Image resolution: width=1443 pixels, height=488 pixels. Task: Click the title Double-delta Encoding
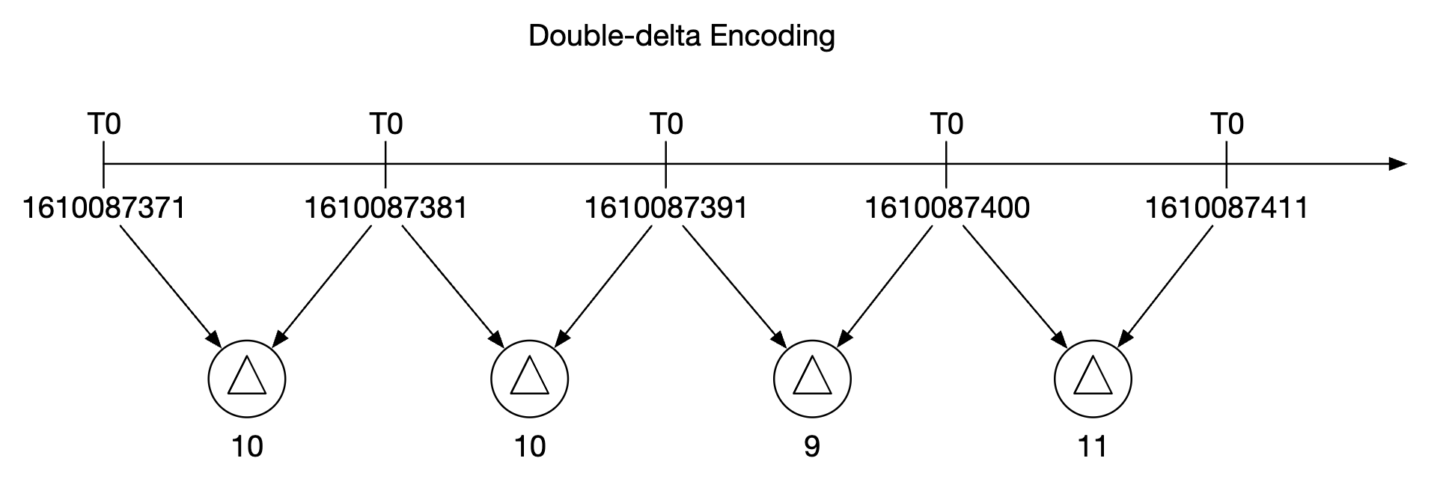[681, 35]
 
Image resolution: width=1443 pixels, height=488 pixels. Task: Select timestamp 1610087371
[103, 207]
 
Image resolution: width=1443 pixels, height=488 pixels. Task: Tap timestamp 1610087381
[385, 207]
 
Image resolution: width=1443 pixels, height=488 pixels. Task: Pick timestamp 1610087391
[665, 207]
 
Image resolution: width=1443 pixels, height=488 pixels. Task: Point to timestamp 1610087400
[947, 207]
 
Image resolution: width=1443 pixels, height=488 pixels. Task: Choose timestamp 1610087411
[1227, 207]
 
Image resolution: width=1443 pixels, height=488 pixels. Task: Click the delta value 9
[811, 447]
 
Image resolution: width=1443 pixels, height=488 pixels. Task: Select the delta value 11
[1093, 447]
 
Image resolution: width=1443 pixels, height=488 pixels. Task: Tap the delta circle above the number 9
[811, 379]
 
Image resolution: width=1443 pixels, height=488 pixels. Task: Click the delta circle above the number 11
[1093, 379]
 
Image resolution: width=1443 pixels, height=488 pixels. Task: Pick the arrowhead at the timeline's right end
[1397, 164]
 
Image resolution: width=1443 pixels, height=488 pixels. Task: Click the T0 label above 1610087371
[103, 123]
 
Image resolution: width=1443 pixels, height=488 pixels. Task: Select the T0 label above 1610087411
[1227, 123]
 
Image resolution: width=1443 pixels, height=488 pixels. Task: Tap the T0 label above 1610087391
[665, 123]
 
